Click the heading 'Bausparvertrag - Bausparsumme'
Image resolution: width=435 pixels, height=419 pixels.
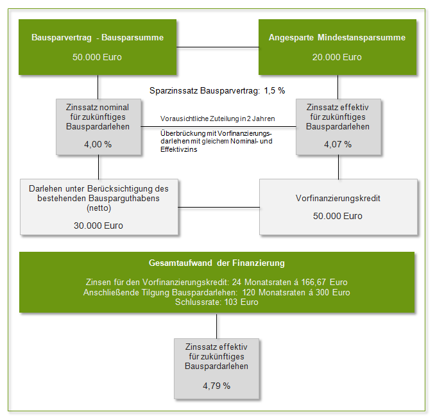[98, 38]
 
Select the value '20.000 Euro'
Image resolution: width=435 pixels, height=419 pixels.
[337, 57]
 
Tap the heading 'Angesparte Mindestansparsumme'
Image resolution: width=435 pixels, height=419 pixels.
[337, 38]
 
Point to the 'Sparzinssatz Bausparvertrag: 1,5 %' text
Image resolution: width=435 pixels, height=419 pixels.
[217, 90]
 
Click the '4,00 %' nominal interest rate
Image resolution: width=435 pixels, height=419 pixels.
[98, 144]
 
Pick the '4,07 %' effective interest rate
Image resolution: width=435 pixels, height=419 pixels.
[338, 144]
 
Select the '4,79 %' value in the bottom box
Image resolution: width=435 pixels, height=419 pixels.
[217, 386]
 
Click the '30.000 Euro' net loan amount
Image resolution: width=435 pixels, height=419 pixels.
[99, 226]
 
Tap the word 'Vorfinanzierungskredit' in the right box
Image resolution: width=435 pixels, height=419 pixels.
[338, 199]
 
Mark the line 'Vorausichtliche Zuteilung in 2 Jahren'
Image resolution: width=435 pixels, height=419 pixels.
[217, 119]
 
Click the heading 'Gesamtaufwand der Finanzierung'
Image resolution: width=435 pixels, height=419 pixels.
[217, 263]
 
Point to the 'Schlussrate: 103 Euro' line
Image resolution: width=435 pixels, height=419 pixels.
[217, 302]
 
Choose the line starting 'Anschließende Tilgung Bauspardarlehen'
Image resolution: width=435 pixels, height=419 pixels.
[217, 292]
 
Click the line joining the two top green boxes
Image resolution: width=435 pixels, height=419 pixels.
[217, 47]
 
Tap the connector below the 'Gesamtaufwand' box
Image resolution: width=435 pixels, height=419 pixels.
[217, 326]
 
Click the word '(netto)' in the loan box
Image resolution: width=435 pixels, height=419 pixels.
[99, 208]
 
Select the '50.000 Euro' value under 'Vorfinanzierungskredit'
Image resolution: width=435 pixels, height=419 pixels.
[338, 216]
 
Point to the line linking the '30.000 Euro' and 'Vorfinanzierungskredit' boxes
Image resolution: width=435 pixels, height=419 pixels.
[219, 208]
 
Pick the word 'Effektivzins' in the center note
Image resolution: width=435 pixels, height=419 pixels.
[178, 150]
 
